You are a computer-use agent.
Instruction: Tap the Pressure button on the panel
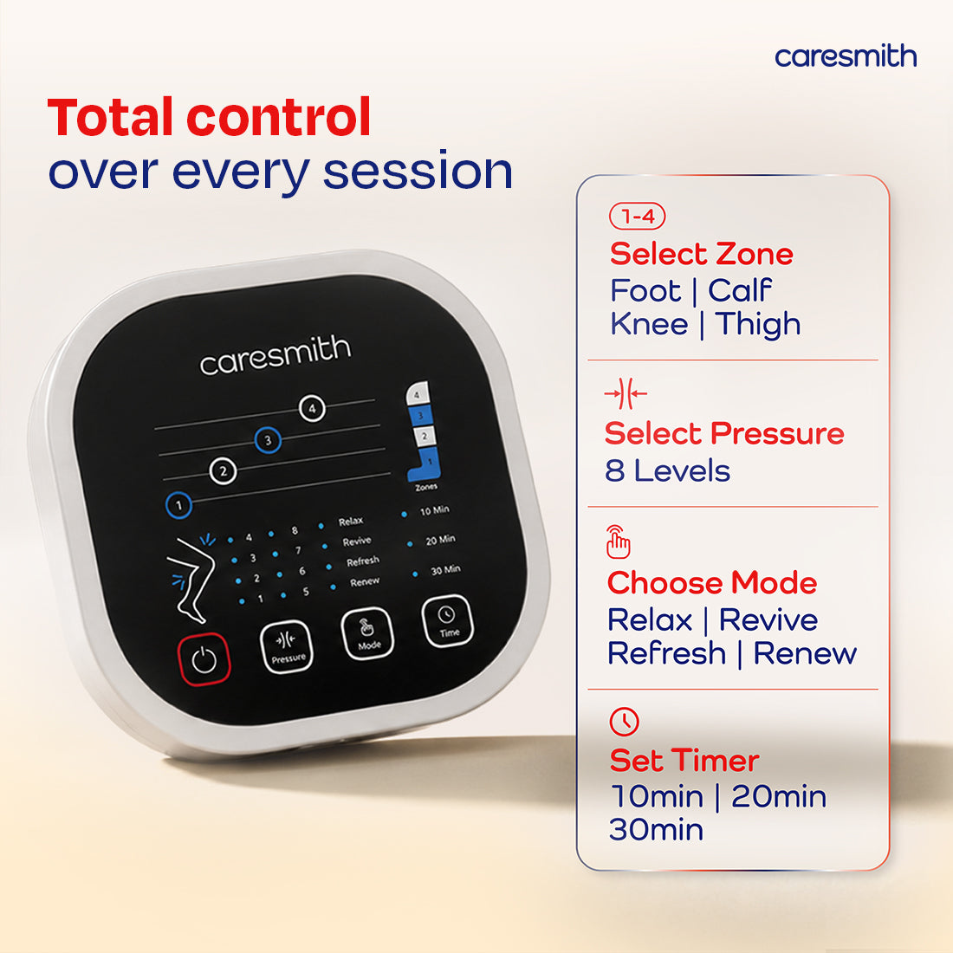click(x=286, y=646)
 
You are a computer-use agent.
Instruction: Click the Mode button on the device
click(x=367, y=634)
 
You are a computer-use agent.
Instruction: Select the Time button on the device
click(x=447, y=620)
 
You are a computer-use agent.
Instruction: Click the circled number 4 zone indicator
click(x=312, y=408)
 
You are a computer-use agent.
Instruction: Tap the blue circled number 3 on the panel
click(x=268, y=440)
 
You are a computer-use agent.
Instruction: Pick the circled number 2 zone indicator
click(x=223, y=471)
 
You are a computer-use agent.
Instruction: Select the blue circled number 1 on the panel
click(x=178, y=504)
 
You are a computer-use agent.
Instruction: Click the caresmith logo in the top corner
click(x=846, y=56)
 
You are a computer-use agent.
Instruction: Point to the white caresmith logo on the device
click(x=276, y=356)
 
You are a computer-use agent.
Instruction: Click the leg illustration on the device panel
click(x=191, y=580)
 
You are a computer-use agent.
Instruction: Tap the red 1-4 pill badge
click(x=637, y=216)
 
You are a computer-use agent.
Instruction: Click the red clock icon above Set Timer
click(x=624, y=722)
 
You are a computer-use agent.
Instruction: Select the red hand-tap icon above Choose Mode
click(x=618, y=541)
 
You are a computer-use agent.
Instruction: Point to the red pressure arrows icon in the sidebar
click(x=626, y=394)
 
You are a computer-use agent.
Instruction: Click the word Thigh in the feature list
click(x=758, y=325)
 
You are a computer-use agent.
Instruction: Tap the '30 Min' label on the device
click(x=445, y=570)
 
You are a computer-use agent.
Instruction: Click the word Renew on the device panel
click(x=365, y=582)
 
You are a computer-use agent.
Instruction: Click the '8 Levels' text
click(x=667, y=471)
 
